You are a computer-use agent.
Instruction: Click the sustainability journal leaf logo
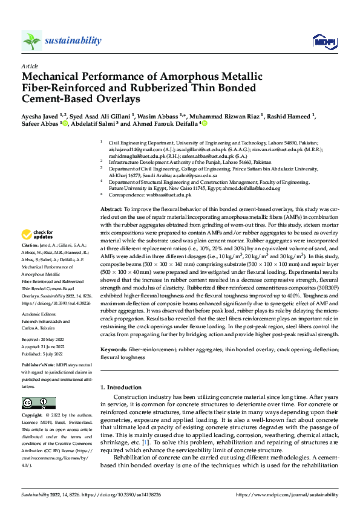31,41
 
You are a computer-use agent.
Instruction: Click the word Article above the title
29,66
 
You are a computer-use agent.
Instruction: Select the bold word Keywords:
113,350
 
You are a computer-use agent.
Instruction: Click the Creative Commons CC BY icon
34,403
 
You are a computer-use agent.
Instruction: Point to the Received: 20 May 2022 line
42,340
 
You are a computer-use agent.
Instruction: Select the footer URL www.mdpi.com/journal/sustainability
288,494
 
